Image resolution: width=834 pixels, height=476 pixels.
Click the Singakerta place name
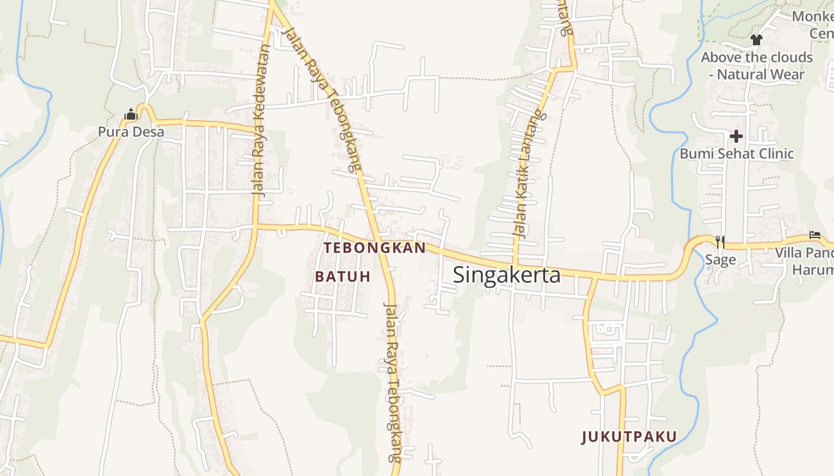(x=506, y=275)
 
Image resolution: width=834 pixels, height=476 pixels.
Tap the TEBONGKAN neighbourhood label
(x=375, y=248)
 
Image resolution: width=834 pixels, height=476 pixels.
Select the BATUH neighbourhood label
(x=343, y=276)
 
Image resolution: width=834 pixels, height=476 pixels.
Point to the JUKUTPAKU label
(x=629, y=437)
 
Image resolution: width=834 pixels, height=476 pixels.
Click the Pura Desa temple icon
(x=131, y=114)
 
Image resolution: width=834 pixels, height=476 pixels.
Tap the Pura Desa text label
(x=131, y=131)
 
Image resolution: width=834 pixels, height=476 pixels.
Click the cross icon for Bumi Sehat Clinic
(x=736, y=136)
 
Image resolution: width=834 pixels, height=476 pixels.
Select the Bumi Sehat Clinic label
(x=737, y=154)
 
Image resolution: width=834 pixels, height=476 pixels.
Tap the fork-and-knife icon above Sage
(x=720, y=242)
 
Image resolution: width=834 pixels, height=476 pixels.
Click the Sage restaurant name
(x=720, y=260)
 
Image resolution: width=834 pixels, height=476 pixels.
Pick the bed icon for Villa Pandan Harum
(x=815, y=236)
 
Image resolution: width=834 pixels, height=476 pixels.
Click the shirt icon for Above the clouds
(x=757, y=40)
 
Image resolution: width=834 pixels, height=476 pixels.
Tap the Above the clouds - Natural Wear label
(x=757, y=66)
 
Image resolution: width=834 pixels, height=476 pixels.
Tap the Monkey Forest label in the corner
(x=813, y=24)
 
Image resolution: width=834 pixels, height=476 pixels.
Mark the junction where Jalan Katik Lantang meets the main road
(x=516, y=265)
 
